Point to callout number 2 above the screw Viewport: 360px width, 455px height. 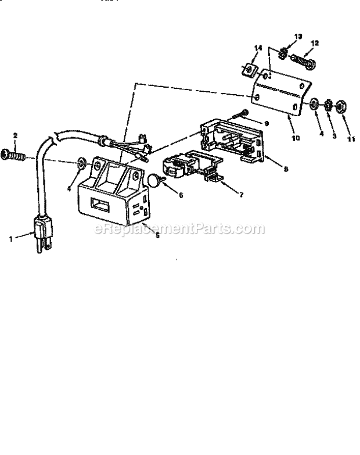coord(15,135)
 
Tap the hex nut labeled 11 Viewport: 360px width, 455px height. coord(343,106)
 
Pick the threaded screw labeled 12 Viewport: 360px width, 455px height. coord(302,58)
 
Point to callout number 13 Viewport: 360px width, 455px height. coord(298,36)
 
